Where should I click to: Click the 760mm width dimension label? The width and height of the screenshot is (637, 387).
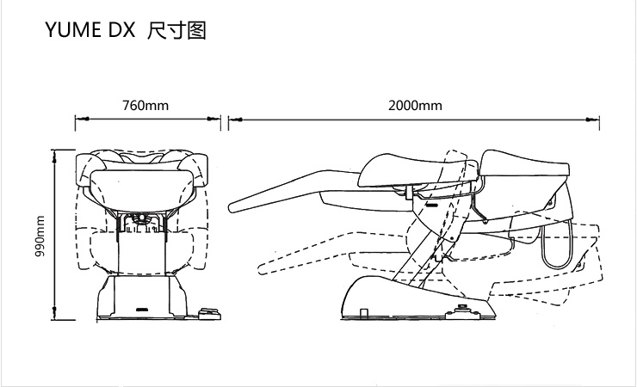pyautogui.click(x=145, y=106)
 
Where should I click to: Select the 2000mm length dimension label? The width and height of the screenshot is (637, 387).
pyautogui.click(x=415, y=106)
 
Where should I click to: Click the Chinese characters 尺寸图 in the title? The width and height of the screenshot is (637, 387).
pyautogui.click(x=176, y=32)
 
